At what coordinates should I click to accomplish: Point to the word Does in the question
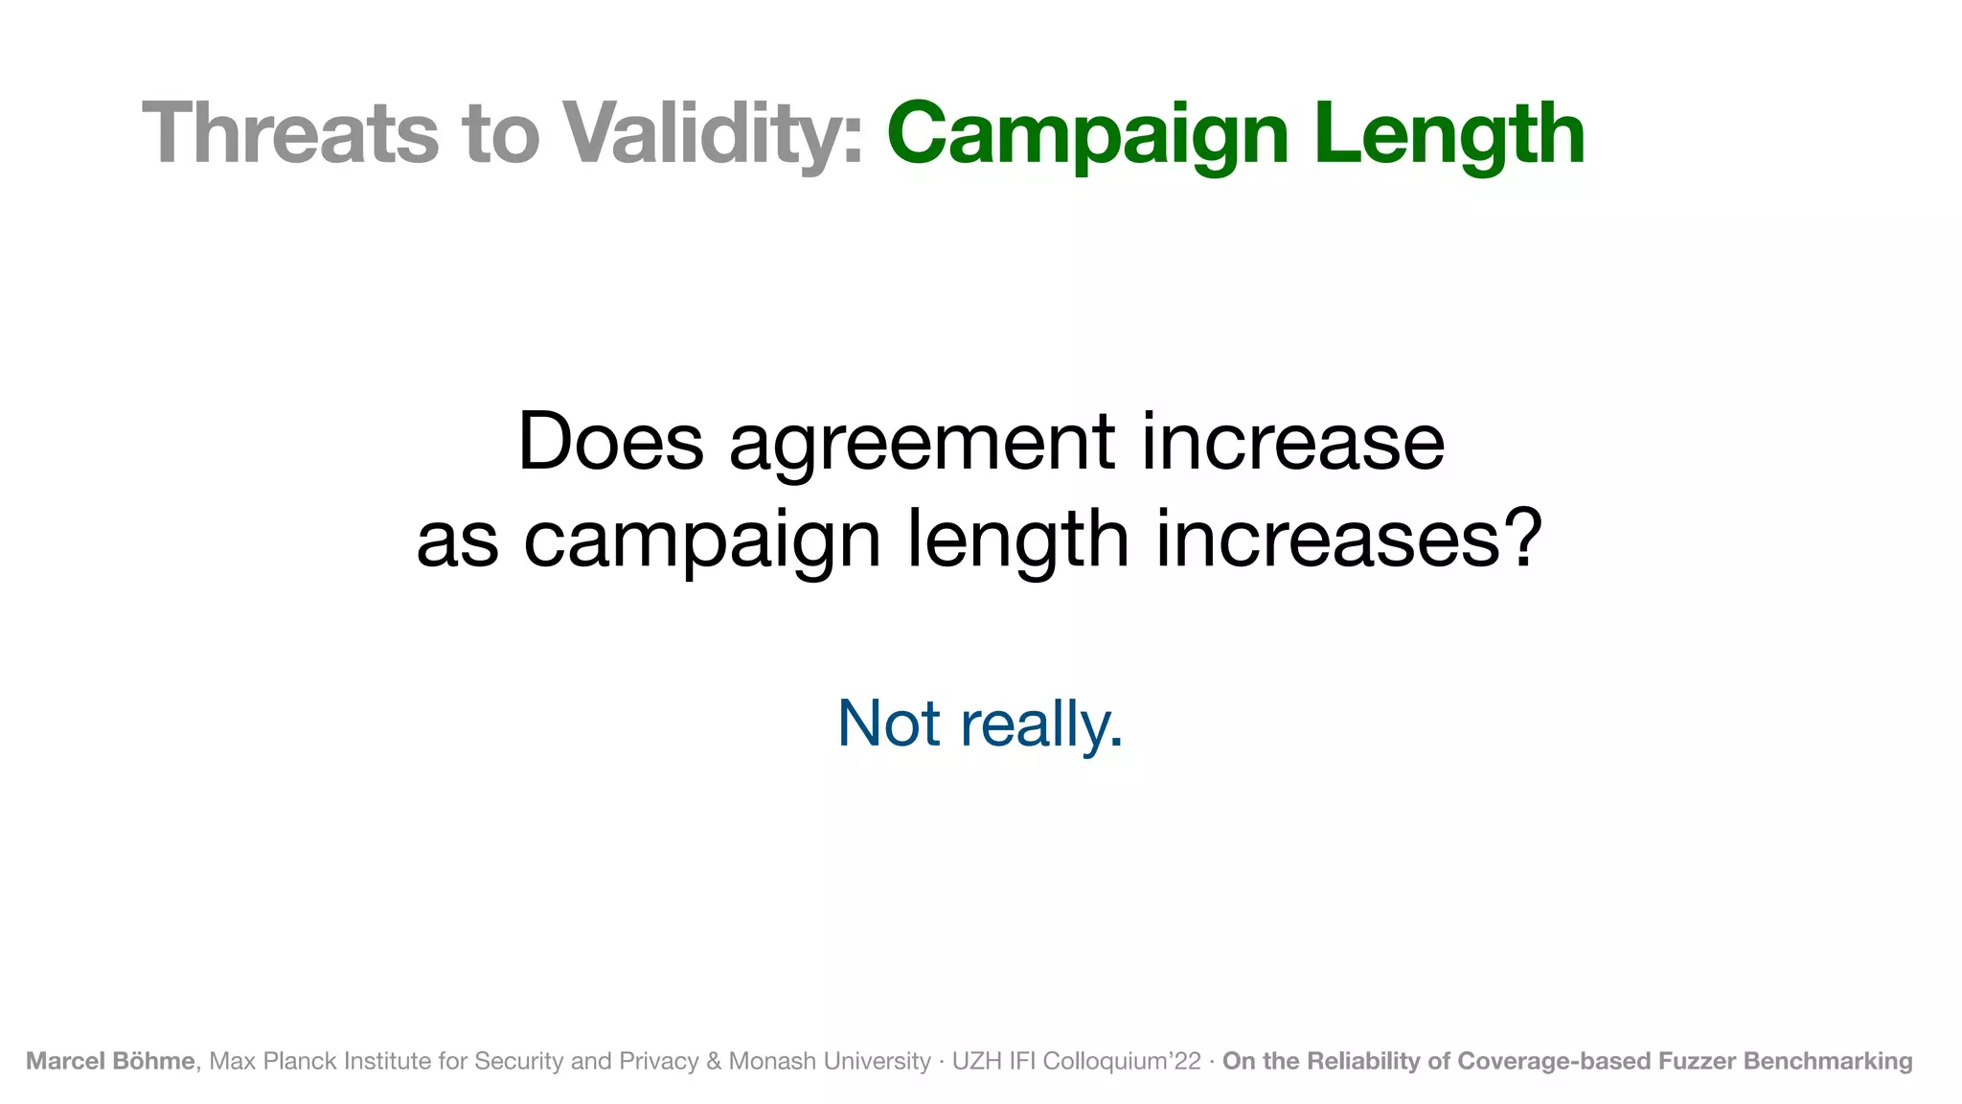point(610,442)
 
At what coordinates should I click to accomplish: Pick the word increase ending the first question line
point(1293,442)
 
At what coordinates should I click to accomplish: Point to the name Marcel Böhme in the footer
point(110,1061)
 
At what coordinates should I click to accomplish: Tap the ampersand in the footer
point(713,1061)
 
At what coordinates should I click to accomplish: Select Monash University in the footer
point(830,1061)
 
